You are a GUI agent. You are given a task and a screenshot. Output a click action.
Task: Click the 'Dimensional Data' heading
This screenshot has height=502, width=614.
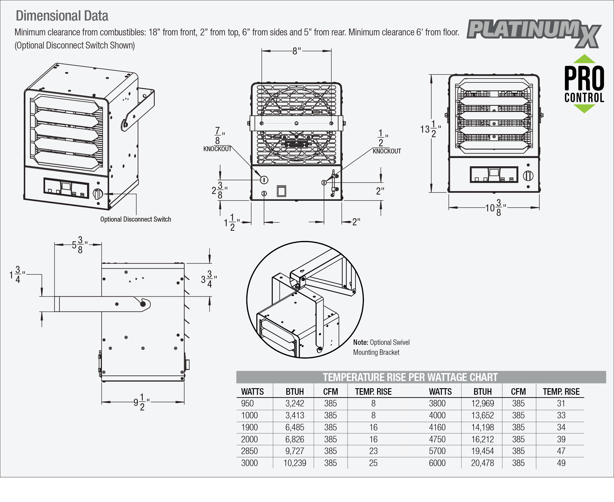pyautogui.click(x=62, y=16)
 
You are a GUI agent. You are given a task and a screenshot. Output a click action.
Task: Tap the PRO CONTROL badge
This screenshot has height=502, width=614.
pyautogui.click(x=584, y=84)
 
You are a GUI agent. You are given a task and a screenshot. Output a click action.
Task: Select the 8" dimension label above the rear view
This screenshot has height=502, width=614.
pyautogui.click(x=296, y=51)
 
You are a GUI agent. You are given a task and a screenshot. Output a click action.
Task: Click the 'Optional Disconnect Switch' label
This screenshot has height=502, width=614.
pyautogui.click(x=135, y=219)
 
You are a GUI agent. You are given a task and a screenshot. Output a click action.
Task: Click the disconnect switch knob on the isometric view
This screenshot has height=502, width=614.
pyautogui.click(x=98, y=194)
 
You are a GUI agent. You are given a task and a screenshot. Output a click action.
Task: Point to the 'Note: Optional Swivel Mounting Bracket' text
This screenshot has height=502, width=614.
pyautogui.click(x=381, y=347)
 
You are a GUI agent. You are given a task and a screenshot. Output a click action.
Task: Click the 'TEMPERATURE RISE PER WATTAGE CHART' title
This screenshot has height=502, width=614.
pyautogui.click(x=410, y=377)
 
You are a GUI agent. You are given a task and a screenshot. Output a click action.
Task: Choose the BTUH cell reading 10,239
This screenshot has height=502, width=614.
pyautogui.click(x=295, y=463)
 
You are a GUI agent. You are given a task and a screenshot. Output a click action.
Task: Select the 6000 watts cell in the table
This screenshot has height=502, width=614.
pyautogui.click(x=437, y=463)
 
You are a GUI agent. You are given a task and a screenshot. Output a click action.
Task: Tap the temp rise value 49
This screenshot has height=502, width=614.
pyautogui.click(x=561, y=463)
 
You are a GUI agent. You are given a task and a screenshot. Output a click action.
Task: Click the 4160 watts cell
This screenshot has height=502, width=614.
pyautogui.click(x=437, y=427)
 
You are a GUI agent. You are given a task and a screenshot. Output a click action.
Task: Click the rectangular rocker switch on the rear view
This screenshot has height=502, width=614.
pyautogui.click(x=281, y=191)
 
